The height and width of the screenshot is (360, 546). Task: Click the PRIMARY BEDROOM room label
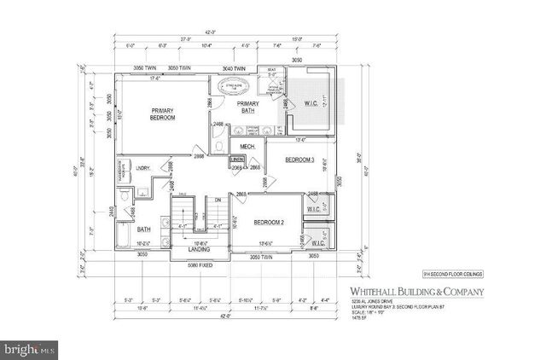tap(162, 114)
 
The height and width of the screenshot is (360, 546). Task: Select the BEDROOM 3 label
tap(300, 160)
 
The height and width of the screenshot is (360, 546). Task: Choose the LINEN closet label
tap(238, 160)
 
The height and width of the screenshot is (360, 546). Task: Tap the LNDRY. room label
tap(142, 168)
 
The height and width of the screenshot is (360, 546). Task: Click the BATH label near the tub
tap(144, 229)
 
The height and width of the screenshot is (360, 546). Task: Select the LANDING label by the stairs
tap(199, 249)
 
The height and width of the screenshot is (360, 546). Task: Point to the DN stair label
tap(218, 200)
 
